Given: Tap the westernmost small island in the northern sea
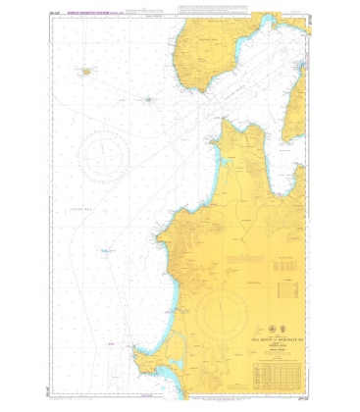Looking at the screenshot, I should (86, 71).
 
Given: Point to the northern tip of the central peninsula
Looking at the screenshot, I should (227, 123).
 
